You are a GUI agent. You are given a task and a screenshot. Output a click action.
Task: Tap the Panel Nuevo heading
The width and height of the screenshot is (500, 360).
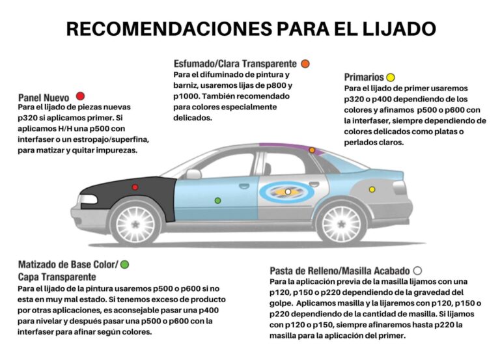(x=44, y=97)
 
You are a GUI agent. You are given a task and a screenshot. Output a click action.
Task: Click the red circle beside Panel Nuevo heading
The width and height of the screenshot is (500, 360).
(x=81, y=96)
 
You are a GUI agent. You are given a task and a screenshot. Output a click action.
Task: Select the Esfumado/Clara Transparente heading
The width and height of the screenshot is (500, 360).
(x=235, y=64)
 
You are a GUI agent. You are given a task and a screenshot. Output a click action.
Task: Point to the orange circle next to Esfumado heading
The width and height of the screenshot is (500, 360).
(x=305, y=64)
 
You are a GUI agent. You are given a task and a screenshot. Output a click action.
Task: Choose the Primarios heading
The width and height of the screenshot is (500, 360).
(x=364, y=77)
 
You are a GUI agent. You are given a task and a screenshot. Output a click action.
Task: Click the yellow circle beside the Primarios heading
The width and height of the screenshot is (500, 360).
(x=391, y=77)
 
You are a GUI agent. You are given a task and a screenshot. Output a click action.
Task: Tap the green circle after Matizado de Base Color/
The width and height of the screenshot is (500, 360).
(x=124, y=264)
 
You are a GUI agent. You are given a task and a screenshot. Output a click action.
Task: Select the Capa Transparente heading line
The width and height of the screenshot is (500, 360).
(x=57, y=277)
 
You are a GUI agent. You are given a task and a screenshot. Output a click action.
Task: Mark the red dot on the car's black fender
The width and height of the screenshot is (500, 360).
(x=135, y=187)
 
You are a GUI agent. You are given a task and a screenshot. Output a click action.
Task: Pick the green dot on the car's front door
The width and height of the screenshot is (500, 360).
(x=217, y=200)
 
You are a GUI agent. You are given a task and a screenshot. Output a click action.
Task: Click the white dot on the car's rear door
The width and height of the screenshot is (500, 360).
(x=288, y=191)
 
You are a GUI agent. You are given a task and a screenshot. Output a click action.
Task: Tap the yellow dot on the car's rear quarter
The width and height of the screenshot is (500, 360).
(x=372, y=189)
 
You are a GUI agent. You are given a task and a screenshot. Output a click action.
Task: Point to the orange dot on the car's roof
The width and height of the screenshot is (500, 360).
(x=312, y=150)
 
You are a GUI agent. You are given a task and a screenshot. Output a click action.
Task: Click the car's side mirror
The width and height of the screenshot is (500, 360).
(x=193, y=174)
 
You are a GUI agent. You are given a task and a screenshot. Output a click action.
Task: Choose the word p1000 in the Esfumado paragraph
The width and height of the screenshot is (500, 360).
(x=187, y=96)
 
